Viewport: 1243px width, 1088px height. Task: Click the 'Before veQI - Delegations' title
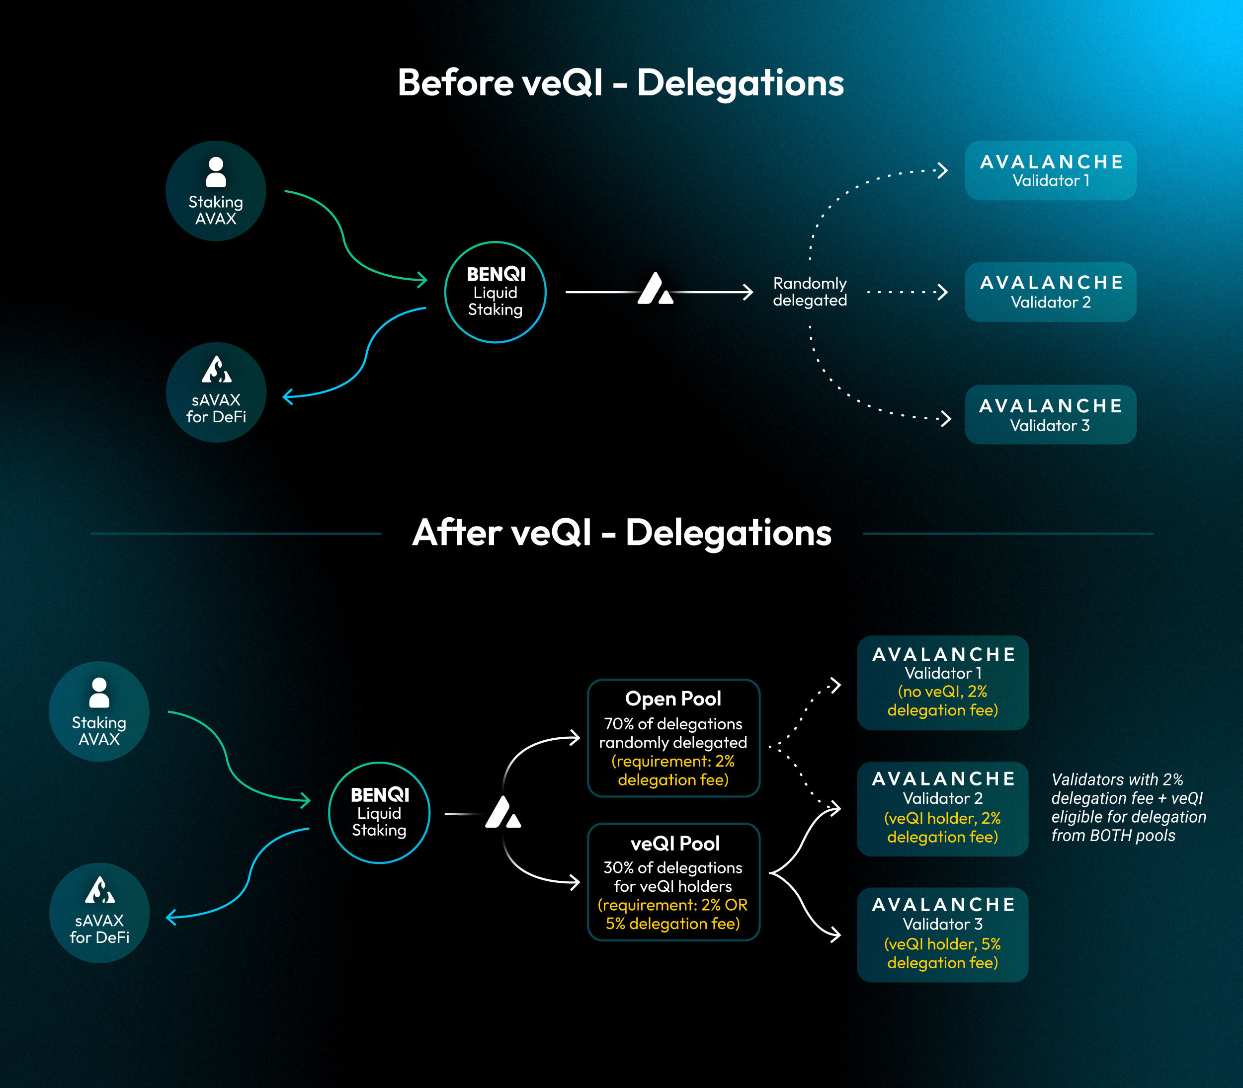(x=621, y=82)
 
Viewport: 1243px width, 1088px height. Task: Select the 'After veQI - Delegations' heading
(x=622, y=533)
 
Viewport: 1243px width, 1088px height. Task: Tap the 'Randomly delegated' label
(x=810, y=292)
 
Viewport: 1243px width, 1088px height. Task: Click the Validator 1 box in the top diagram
(x=1051, y=170)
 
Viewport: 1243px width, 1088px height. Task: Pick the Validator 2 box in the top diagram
(x=1051, y=292)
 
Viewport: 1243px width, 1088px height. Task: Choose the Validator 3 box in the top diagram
(x=1051, y=415)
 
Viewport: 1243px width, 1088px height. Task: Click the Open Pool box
(x=673, y=738)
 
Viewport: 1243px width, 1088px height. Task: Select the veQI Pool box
(x=673, y=881)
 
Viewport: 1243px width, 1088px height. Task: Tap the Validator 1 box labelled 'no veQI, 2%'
(x=942, y=683)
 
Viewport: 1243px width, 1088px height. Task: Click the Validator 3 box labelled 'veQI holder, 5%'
(x=942, y=935)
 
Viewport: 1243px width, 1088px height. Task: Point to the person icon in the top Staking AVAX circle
(x=216, y=172)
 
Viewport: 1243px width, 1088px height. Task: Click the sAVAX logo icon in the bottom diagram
(x=99, y=889)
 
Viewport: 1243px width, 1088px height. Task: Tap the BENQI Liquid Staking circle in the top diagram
(x=496, y=292)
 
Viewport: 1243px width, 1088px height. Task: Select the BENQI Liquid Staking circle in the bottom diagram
(x=380, y=812)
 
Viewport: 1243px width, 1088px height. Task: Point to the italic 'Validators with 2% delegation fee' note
(x=1128, y=807)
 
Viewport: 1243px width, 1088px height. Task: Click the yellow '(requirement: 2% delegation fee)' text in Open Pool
(x=673, y=770)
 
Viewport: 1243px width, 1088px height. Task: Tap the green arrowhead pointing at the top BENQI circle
(x=421, y=280)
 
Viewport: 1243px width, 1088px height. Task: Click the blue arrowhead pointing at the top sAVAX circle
(x=289, y=396)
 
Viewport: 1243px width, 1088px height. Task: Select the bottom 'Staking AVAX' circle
(x=99, y=711)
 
